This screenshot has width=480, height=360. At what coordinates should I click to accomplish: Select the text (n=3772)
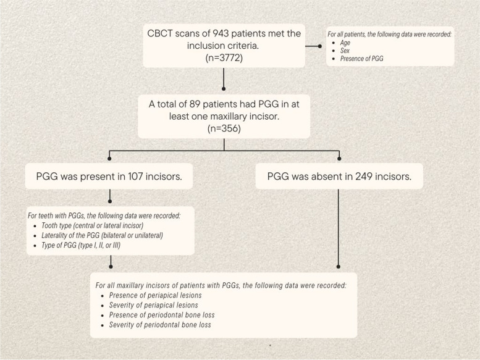click(224, 57)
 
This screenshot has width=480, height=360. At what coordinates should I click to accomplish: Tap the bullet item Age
click(345, 43)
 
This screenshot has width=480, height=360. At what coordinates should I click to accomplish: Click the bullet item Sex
click(345, 51)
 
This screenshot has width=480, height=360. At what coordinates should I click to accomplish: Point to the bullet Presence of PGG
click(361, 59)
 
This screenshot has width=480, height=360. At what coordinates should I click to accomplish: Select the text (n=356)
click(224, 128)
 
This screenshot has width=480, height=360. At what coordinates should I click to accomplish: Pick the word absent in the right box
click(323, 177)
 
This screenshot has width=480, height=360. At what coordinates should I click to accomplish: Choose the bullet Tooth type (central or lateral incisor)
click(93, 225)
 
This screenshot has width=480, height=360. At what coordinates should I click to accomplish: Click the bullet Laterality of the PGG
click(103, 235)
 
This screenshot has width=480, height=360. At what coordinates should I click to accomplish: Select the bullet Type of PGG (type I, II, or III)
click(81, 245)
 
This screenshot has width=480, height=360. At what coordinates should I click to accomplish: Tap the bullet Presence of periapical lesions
click(155, 295)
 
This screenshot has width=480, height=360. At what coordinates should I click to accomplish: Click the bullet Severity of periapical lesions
click(153, 305)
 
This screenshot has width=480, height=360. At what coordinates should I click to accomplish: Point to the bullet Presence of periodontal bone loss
click(162, 315)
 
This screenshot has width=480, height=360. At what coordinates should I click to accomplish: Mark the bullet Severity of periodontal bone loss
click(160, 325)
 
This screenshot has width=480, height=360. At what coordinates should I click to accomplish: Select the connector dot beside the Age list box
click(320, 46)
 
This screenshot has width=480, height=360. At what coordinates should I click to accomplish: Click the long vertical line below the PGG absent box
click(339, 228)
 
